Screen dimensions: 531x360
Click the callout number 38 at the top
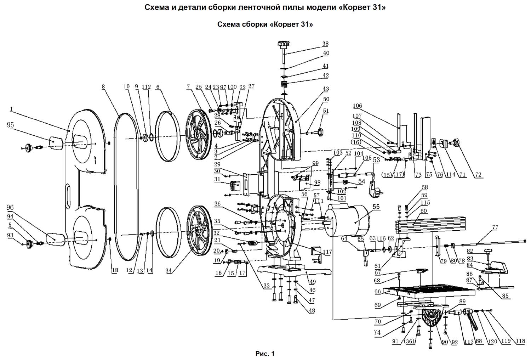point(325,44)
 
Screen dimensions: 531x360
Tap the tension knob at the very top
point(284,44)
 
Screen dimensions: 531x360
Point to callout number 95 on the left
point(10,125)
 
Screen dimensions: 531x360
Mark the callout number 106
point(357,106)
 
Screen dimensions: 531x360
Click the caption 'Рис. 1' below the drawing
point(265,354)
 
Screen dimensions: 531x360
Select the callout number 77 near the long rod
point(495,227)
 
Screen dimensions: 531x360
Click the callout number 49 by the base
point(313,282)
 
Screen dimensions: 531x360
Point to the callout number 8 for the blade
point(103,87)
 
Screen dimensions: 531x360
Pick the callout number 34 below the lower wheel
point(168,271)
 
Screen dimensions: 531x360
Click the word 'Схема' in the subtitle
point(228,24)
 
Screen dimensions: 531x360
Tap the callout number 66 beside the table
point(378,291)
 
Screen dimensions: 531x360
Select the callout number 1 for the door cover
point(11,109)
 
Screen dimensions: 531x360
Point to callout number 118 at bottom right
point(521,341)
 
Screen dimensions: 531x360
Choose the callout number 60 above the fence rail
point(423,211)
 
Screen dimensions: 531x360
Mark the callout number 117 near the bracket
point(327,252)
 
